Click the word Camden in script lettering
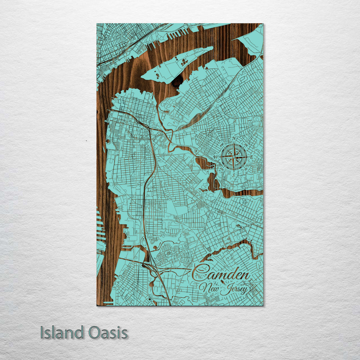click(x=221, y=274)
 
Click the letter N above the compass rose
click(x=234, y=139)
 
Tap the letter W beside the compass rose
click(x=216, y=157)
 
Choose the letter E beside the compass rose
click(x=251, y=157)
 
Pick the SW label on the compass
click(x=221, y=169)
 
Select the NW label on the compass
click(x=221, y=144)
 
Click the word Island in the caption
click(x=62, y=333)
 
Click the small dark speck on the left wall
click(x=86, y=141)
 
